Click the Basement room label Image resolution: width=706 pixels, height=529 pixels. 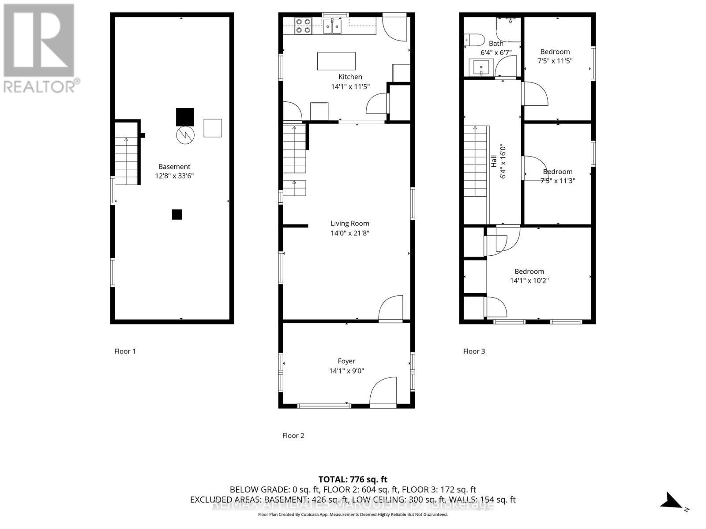(174, 167)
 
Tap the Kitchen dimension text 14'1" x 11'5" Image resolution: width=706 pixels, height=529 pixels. (350, 86)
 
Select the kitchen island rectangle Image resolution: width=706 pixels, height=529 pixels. (336, 61)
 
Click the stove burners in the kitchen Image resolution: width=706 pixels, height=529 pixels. (303, 26)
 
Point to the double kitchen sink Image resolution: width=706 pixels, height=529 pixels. (332, 26)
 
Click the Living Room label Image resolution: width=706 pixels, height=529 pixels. (349, 224)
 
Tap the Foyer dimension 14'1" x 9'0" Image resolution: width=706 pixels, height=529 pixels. (346, 371)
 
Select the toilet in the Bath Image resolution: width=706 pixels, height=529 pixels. (474, 40)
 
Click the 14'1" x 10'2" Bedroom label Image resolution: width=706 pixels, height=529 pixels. (529, 272)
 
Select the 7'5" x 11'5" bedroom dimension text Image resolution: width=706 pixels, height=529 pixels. (555, 61)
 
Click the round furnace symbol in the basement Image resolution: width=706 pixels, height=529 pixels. (185, 134)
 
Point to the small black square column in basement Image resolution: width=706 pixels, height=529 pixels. (177, 215)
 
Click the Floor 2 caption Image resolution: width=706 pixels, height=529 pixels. (293, 436)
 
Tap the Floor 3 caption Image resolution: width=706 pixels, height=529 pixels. (474, 351)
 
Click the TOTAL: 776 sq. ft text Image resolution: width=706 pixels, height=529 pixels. (353, 479)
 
